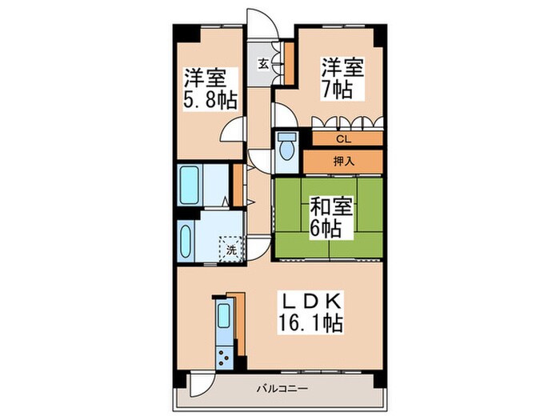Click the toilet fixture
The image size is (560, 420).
pyautogui.click(x=286, y=150)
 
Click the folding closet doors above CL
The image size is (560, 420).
pyautogui.click(x=347, y=122)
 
